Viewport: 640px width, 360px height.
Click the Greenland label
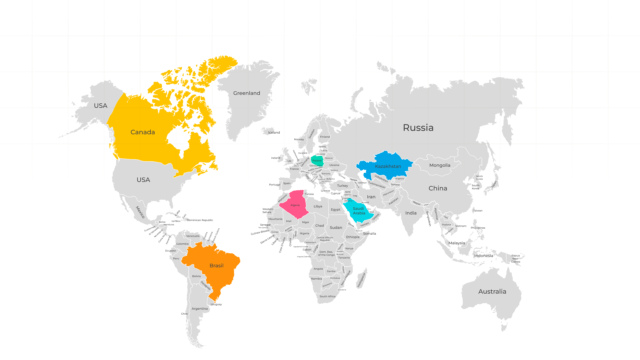point(247,93)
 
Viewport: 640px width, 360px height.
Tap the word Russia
point(418,128)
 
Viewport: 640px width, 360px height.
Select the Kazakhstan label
point(388,166)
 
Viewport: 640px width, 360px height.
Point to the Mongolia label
point(440,165)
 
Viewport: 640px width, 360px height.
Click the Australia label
point(492,292)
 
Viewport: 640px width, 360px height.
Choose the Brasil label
point(216,266)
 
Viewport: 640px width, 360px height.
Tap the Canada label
point(143,132)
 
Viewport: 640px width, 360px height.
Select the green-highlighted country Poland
point(317,161)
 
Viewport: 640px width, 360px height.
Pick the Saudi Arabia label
point(359,211)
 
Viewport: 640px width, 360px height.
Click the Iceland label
point(274,133)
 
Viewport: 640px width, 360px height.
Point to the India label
point(411,213)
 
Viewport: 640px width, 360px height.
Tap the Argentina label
point(200,309)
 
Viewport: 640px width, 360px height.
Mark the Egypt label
point(336,210)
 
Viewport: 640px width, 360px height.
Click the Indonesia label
point(483,256)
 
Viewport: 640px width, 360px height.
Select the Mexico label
point(140,212)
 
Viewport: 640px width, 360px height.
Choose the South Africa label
point(327,296)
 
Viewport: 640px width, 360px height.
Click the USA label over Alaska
point(100,106)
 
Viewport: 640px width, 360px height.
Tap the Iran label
point(371,197)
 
